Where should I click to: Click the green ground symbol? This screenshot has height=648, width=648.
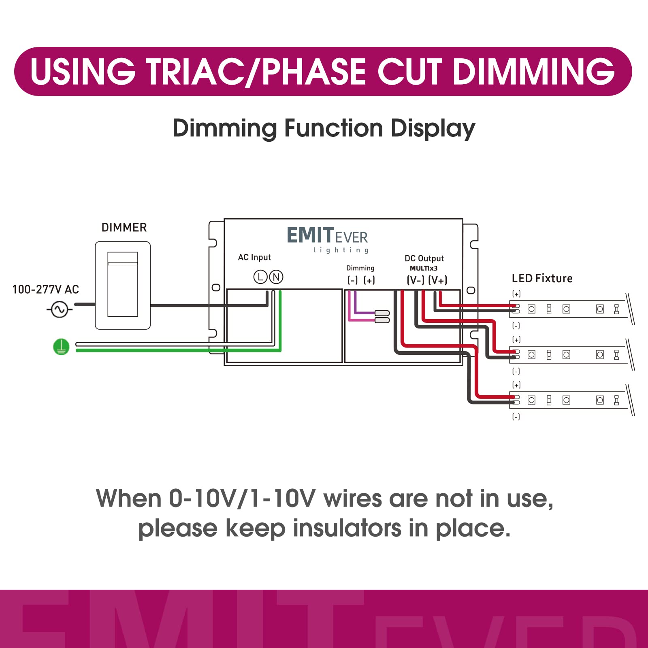61,347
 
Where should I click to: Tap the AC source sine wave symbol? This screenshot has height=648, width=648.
60,310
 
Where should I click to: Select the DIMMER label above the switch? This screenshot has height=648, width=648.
124,228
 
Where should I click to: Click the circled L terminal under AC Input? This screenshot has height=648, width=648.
260,277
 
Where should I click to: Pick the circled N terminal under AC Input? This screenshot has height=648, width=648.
276,277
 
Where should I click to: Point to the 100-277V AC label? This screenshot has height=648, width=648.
45,290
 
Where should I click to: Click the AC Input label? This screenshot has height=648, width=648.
254,258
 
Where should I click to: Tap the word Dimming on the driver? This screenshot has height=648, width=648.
360,268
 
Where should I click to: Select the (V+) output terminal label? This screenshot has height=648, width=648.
438,280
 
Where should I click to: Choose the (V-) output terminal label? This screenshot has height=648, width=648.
416,280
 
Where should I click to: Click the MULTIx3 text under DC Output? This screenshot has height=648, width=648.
424,269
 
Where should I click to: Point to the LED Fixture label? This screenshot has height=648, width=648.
542,279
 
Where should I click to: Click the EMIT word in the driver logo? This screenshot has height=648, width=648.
310,235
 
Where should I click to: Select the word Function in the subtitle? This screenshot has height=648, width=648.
333,128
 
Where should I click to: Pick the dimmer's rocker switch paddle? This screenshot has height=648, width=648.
123,284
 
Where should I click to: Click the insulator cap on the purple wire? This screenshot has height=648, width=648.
382,313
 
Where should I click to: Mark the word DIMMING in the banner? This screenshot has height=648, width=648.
534,72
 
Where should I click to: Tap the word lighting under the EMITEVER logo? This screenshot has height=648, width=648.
341,250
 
